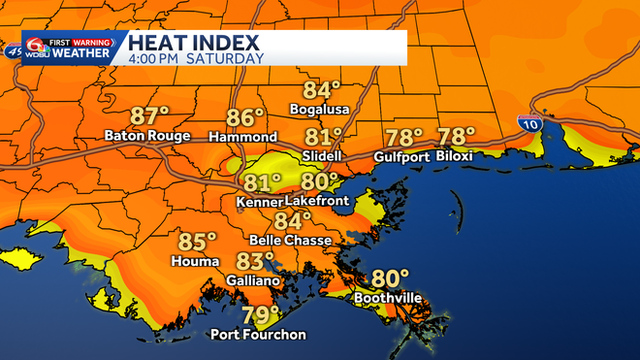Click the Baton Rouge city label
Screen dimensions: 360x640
[x=147, y=136]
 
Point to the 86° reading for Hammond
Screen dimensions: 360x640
[x=246, y=118]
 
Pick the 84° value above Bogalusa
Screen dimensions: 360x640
[x=323, y=90]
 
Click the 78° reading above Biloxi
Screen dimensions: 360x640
[x=457, y=137]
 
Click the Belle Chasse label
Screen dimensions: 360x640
[x=291, y=240]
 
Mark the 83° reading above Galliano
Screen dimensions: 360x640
[x=256, y=261]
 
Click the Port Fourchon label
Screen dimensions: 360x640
[x=259, y=335]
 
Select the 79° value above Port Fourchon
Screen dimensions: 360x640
[x=260, y=315]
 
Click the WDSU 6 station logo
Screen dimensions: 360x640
[x=37, y=48]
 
